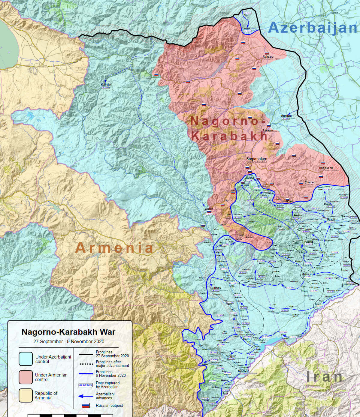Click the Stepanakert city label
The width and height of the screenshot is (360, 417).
pos(257,159)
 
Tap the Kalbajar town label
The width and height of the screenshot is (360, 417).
pos(106,85)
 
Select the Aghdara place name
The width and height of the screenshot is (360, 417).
pos(268,56)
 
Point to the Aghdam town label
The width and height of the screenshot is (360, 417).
pos(286,116)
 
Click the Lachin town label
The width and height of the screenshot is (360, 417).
pos(209,209)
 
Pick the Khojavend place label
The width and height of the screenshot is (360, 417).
pos(326,168)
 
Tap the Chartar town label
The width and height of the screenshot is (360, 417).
pos(309,182)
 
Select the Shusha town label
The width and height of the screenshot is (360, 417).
pos(249,178)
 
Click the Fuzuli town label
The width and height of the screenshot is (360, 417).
pos(331,220)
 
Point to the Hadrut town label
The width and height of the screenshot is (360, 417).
pos(309,241)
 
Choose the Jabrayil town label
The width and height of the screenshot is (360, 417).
pos(307,274)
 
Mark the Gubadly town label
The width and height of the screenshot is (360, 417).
pos(216,288)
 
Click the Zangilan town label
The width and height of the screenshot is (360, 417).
pos(231,356)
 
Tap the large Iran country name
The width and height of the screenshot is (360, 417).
pos(324,377)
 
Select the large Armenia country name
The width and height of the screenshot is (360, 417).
pos(114,248)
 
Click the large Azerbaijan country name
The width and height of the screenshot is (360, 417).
pos(313,28)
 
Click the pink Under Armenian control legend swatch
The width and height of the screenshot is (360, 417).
pos(26,377)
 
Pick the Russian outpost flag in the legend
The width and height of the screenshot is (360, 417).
pos(86,406)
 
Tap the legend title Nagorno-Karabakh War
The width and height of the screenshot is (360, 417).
pos(68,332)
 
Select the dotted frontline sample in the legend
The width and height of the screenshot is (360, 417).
pos(86,364)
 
